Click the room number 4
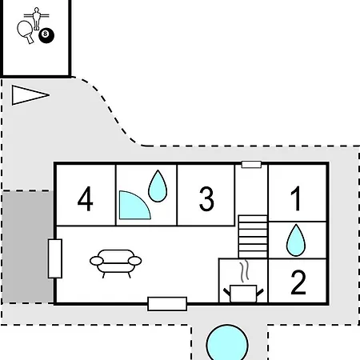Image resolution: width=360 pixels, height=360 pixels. point(85,198)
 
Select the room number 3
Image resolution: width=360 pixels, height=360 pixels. point(206,199)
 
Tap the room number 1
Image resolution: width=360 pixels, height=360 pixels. point(296,198)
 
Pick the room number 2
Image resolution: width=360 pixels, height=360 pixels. point(298,282)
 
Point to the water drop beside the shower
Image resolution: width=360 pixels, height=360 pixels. point(158,186)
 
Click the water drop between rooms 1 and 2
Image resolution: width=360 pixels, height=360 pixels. point(296,241)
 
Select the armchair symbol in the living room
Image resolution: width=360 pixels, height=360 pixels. point(116,263)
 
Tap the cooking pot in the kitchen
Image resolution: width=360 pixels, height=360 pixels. point(243,294)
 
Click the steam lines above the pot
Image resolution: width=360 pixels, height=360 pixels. point(245,271)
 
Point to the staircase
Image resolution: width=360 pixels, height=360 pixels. point(253,237)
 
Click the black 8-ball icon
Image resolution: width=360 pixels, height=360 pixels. point(46,35)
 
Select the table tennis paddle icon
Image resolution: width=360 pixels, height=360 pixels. point(26,32)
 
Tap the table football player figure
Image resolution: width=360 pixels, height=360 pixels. point(37,18)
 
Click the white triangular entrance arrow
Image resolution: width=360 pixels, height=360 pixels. point(30,95)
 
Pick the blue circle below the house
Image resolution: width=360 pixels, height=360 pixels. point(227,342)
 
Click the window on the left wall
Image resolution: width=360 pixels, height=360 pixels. point(55,258)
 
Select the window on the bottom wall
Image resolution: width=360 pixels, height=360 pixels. point(167,304)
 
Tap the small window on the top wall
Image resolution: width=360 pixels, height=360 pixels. point(251,165)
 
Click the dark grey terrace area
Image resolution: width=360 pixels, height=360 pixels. point(27,246)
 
